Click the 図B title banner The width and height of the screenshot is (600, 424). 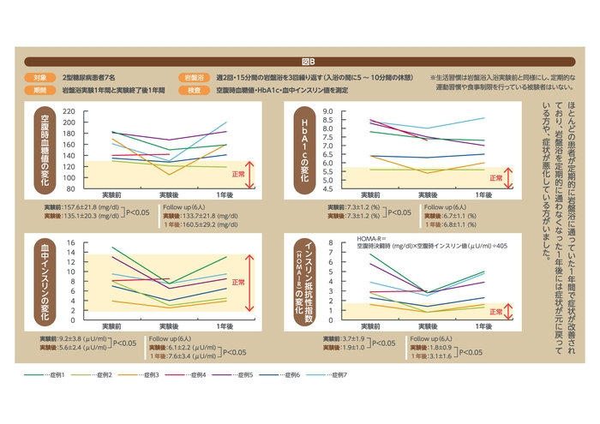coord(309,62)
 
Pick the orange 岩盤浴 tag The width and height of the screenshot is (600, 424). coord(193,76)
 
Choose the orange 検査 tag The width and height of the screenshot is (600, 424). coord(193,89)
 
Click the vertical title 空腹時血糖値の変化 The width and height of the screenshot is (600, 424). coord(44,149)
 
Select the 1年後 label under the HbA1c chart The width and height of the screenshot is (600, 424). coord(483,196)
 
